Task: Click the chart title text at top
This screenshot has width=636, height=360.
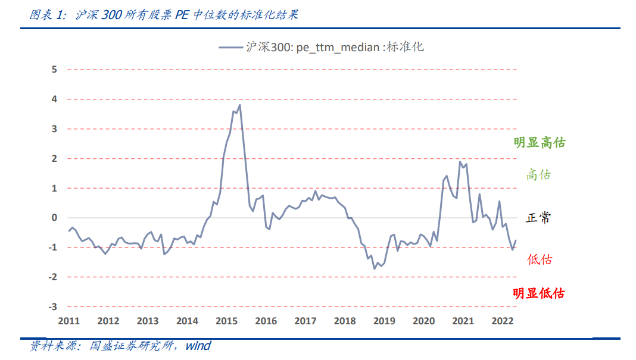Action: [164, 15]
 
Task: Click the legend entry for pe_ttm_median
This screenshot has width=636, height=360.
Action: [322, 47]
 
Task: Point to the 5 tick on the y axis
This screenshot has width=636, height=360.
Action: [54, 70]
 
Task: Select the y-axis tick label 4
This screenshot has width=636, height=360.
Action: [54, 99]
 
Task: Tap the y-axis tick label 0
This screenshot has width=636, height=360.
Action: [54, 218]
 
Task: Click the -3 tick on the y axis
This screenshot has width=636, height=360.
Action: [53, 306]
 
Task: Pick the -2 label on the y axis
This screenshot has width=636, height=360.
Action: [53, 277]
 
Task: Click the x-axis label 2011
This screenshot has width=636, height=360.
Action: [69, 321]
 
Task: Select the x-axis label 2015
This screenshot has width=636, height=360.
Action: [227, 321]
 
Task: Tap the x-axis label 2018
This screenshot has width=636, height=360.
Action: [345, 321]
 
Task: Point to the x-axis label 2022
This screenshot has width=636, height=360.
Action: [503, 321]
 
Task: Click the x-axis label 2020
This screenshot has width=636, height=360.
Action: [424, 321]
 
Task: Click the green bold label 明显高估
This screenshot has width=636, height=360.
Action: [540, 143]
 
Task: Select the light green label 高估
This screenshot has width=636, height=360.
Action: [539, 175]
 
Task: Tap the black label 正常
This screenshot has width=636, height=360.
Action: [538, 218]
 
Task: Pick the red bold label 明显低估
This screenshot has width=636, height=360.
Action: [539, 293]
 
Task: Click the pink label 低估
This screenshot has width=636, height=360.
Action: [540, 259]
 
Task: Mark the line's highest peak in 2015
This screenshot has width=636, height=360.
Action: [239, 105]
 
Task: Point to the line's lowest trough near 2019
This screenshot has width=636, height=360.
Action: [375, 269]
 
